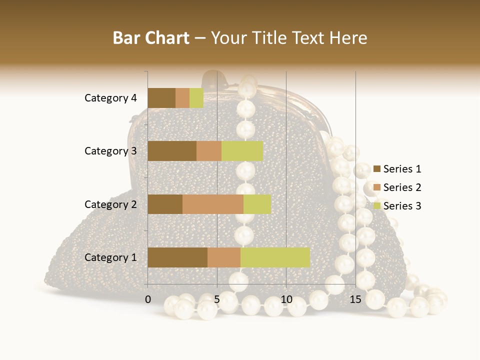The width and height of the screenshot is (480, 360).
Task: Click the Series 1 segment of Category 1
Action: tap(177, 257)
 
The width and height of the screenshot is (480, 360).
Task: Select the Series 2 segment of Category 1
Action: tap(224, 257)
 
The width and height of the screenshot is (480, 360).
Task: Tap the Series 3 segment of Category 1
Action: tap(275, 257)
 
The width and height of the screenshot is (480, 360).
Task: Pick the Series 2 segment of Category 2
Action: tap(213, 204)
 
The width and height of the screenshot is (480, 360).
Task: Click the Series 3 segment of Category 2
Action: tap(257, 204)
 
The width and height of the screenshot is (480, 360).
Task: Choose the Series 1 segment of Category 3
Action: tap(172, 151)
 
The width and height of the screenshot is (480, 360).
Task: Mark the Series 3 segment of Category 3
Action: tap(242, 151)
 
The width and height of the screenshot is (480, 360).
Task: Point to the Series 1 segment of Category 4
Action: tap(161, 98)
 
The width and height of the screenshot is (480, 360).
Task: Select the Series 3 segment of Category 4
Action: tap(196, 98)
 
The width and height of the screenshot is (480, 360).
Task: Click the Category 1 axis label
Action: tap(110, 257)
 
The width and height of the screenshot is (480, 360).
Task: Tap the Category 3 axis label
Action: tap(110, 151)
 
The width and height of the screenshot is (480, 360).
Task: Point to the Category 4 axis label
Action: tap(110, 98)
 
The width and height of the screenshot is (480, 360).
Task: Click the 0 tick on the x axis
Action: tap(148, 299)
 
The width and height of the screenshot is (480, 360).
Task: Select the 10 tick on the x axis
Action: tap(286, 299)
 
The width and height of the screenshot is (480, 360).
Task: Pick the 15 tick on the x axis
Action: tap(355, 299)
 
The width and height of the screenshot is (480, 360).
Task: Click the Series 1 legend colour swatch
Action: tap(376, 169)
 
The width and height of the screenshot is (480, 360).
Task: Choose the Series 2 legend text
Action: tap(402, 187)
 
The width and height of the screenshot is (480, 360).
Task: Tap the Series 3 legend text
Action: tap(402, 206)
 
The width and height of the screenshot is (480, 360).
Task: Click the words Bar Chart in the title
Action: tap(151, 38)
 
